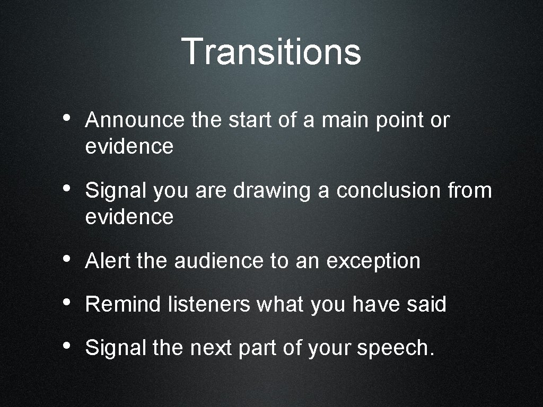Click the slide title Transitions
pyautogui.click(x=271, y=51)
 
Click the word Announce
pyautogui.click(x=134, y=120)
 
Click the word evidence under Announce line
pyautogui.click(x=129, y=147)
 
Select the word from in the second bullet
pyautogui.click(x=469, y=190)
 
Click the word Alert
pyautogui.click(x=108, y=261)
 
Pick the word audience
pyautogui.click(x=218, y=261)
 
